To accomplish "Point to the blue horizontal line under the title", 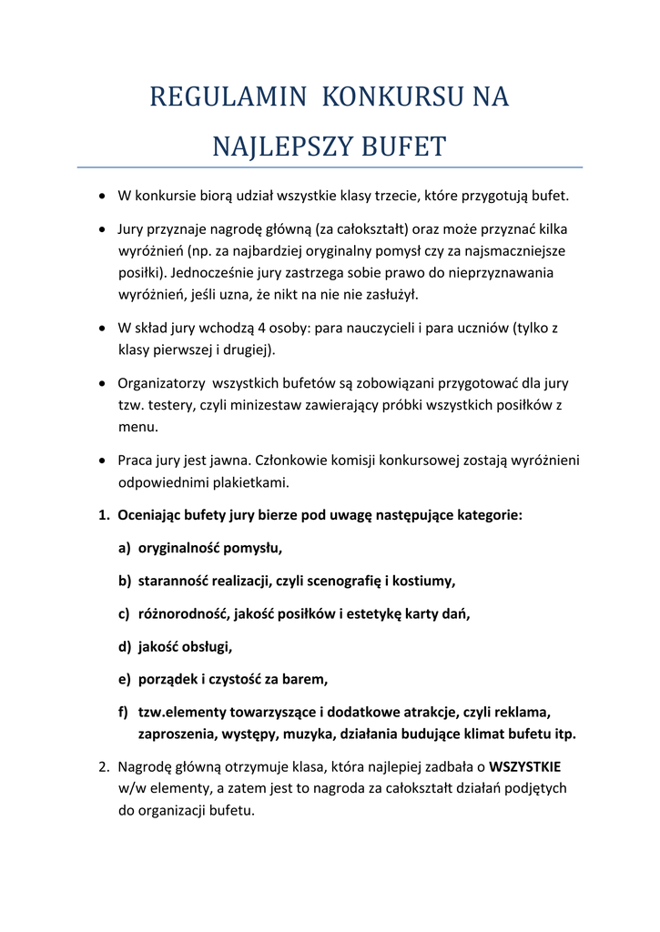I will tap(330, 167).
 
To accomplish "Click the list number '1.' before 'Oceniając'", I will tap(105, 515).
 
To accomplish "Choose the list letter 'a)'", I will tap(124, 548).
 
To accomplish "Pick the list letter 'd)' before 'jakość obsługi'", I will tap(124, 647).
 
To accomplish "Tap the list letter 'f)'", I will tap(124, 713).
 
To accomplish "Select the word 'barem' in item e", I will tap(305, 680).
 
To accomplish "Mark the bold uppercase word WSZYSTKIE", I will tap(525, 766).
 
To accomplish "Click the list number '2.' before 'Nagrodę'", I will tap(105, 766).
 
